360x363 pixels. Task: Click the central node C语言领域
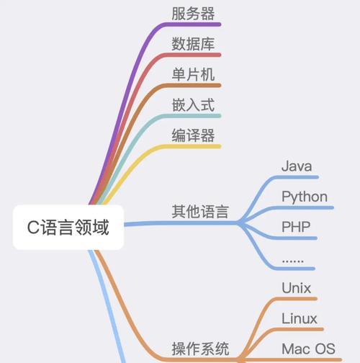pos(68,227)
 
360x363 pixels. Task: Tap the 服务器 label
pos(193,14)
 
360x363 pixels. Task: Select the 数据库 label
pos(193,44)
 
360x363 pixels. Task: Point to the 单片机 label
pos(193,74)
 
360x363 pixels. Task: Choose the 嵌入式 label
pos(193,105)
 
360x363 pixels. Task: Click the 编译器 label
pos(193,135)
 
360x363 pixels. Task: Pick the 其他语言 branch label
pos(200,212)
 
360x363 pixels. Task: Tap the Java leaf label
pos(297,166)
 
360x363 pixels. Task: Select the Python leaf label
pos(305,197)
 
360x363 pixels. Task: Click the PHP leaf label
pos(296,227)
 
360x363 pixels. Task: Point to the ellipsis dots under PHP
pos(293,261)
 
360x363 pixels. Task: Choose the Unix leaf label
pos(297,288)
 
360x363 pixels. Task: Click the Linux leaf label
pos(300,318)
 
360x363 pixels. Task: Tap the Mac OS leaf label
pos(308,349)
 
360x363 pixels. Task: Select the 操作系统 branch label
pos(200,349)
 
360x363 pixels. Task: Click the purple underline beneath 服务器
pos(192,24)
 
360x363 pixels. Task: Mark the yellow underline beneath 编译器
pos(192,146)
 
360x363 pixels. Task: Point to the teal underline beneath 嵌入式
pos(192,116)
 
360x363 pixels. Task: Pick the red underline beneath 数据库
pos(192,55)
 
